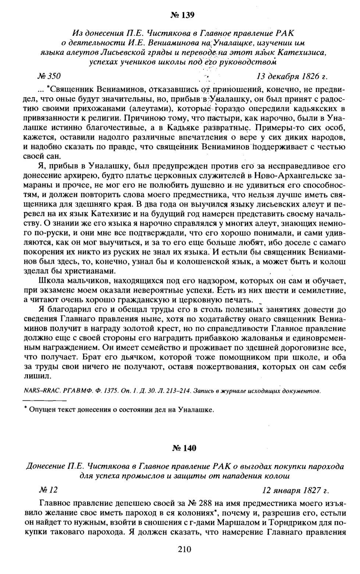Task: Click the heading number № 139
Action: click(x=182, y=15)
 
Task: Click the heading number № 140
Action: click(x=184, y=448)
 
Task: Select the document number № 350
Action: click(x=49, y=76)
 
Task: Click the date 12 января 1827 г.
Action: click(x=296, y=490)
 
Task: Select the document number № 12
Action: click(x=48, y=490)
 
